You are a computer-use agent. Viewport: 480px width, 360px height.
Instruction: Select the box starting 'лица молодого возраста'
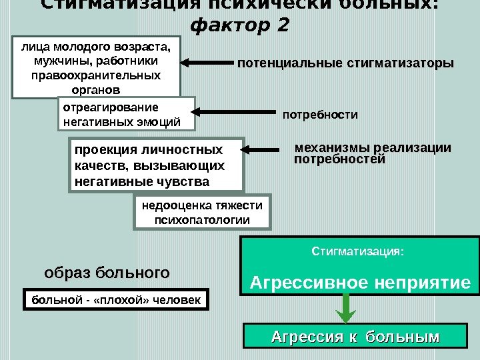97,67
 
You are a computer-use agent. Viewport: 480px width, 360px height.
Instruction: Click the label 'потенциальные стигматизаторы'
345,64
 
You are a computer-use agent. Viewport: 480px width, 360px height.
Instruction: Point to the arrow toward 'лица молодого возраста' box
207,63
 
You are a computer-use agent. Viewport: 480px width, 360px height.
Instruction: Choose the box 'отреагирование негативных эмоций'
127,114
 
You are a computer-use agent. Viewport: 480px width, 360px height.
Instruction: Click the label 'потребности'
321,115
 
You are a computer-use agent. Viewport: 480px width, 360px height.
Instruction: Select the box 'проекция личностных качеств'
156,165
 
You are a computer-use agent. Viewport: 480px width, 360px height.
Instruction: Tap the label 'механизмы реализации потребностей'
372,153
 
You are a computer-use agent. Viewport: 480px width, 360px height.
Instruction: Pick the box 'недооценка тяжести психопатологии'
202,212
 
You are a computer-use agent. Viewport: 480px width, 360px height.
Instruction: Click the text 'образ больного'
107,273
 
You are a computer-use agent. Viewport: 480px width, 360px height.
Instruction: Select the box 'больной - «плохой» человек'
117,300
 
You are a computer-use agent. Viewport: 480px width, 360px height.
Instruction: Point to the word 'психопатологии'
202,219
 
